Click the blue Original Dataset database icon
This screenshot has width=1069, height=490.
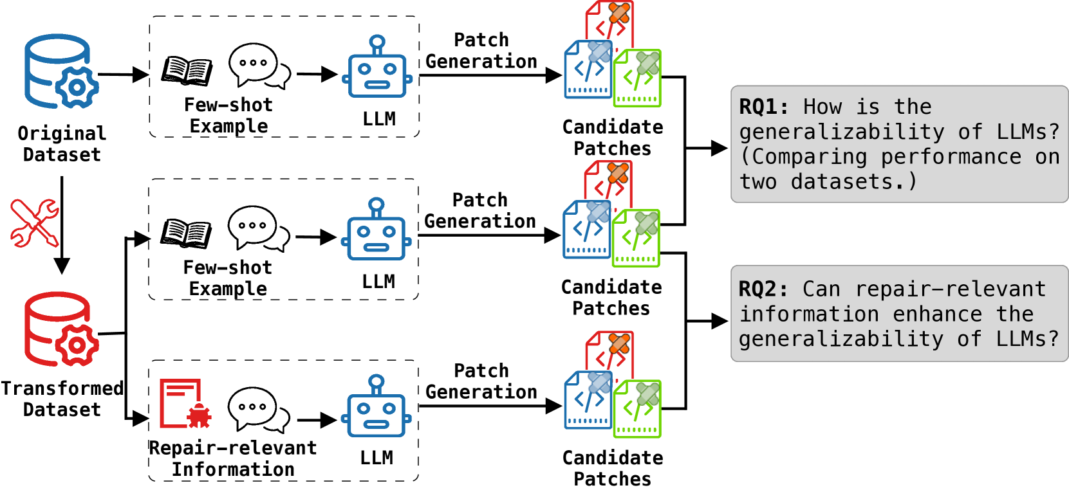coord(61,71)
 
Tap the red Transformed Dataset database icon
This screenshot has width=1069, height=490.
coord(61,329)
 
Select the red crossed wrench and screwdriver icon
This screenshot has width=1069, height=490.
coord(34,222)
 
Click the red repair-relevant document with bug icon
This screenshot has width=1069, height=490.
coord(185,403)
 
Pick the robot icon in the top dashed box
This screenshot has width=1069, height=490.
coord(377,67)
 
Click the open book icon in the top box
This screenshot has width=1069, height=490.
coord(187,71)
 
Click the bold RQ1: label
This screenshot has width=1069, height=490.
coord(763,107)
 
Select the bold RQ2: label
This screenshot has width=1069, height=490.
coord(763,289)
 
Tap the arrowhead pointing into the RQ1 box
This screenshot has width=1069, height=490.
coord(720,149)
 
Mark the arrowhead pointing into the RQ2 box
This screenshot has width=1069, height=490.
coord(720,321)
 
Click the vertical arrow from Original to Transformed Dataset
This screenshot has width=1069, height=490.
coord(62,225)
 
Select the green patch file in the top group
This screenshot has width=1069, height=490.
coord(638,78)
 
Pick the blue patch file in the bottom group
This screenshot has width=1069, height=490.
coord(588,399)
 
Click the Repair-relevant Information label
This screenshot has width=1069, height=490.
coord(233,458)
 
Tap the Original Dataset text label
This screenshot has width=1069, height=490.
coord(62,144)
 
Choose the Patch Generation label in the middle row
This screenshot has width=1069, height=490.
coord(480,211)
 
